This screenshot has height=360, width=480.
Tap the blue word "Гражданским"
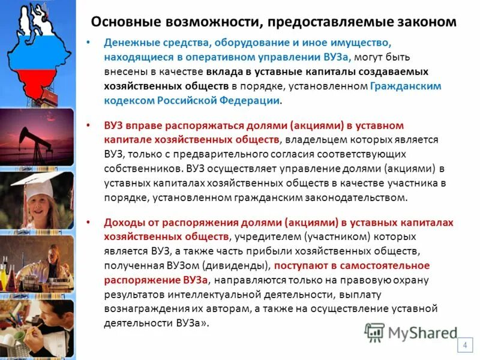pyautogui.click(x=406, y=86)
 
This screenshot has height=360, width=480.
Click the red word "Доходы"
pyautogui.click(x=124, y=223)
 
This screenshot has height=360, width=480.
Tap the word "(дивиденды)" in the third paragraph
pyautogui.click(x=240, y=265)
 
